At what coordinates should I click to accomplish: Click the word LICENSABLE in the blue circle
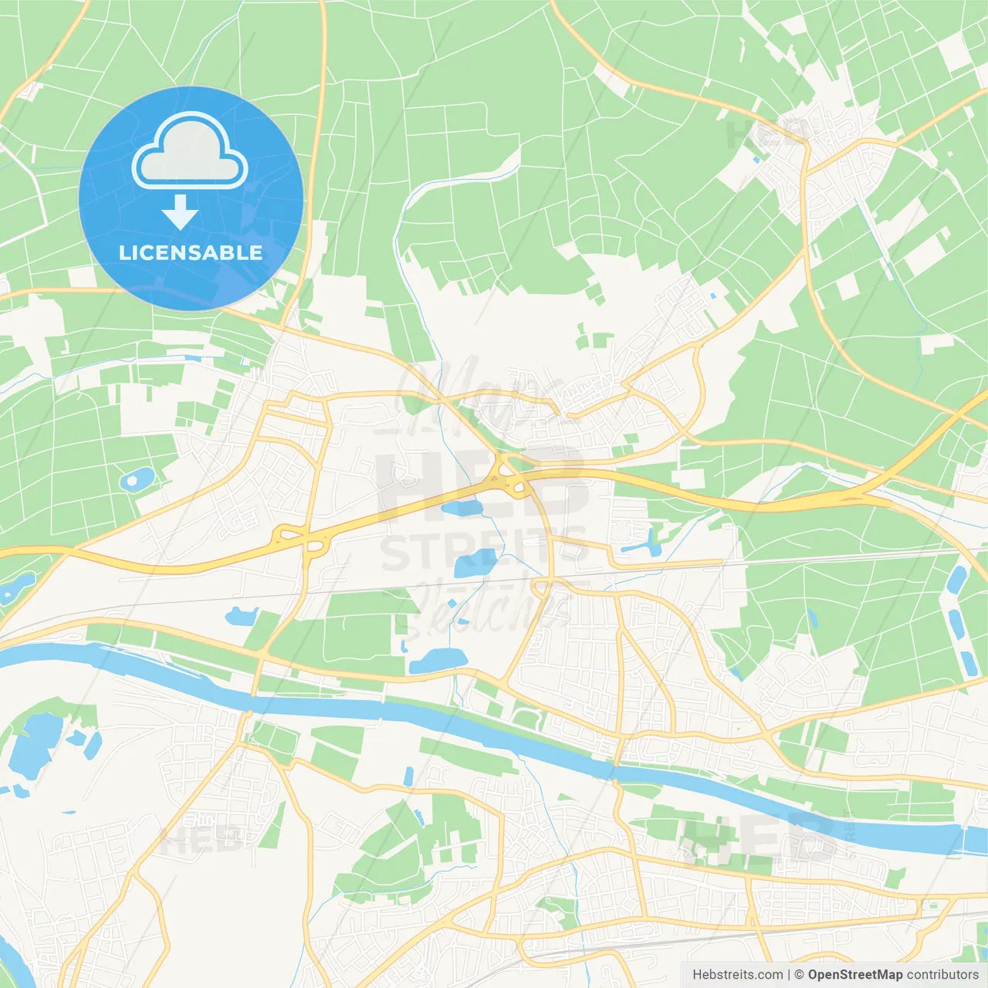[191, 252]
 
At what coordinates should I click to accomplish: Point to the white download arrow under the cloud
[180, 212]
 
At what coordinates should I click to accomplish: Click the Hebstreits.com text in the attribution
[737, 974]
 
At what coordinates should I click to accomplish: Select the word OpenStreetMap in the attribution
[854, 974]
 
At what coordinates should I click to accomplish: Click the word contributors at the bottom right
[942, 974]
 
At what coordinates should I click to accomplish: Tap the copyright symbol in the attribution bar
[799, 974]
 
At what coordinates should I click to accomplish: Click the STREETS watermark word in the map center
[483, 550]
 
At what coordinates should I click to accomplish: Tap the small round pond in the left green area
[135, 480]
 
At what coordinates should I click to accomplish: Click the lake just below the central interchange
[462, 507]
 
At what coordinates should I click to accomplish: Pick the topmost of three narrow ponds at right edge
[956, 580]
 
